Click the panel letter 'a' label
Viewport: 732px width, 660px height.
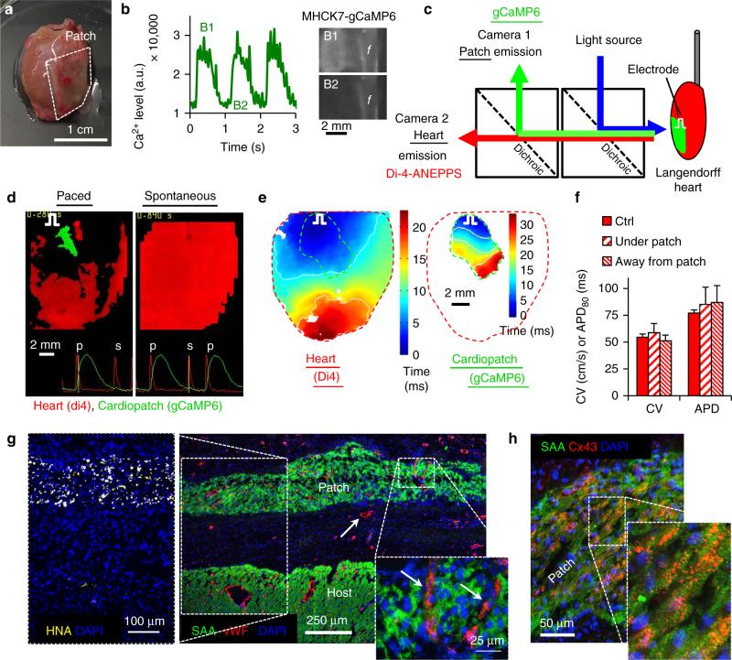click(x=8, y=8)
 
